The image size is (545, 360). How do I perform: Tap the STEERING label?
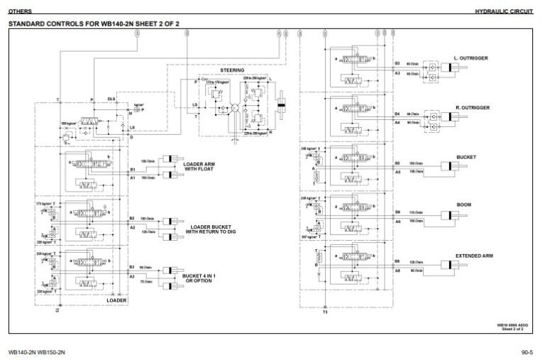click(232, 70)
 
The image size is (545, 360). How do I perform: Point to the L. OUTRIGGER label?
click(471, 58)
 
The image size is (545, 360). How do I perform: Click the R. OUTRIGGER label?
click(472, 107)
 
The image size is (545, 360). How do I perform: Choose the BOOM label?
click(464, 205)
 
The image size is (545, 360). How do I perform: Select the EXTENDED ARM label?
click(474, 255)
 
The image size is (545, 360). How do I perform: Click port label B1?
click(132, 170)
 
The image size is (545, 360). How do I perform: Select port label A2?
click(132, 227)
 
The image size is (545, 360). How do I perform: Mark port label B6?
click(397, 212)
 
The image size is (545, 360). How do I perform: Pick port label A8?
click(397, 271)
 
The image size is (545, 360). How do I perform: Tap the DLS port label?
click(111, 99)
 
